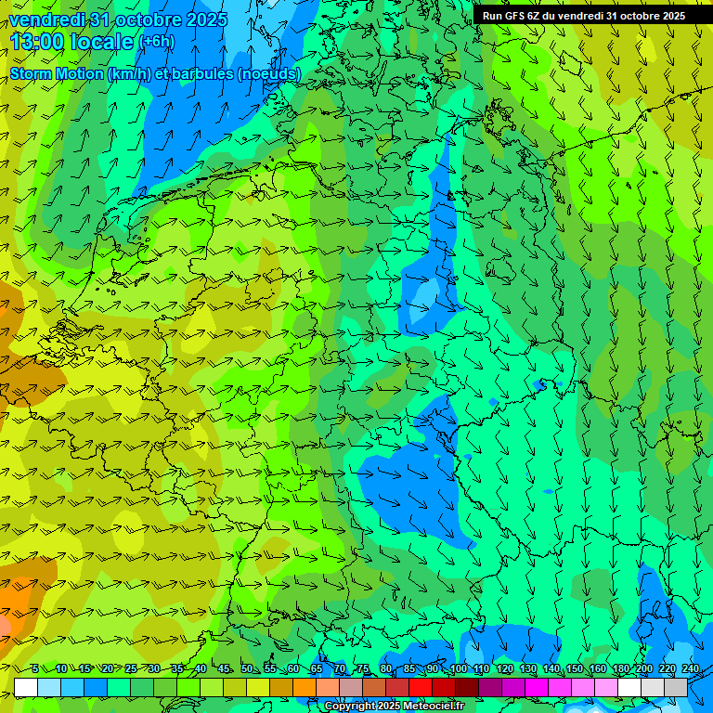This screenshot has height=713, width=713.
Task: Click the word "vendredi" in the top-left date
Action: [47, 19]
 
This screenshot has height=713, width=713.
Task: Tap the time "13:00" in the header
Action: [37, 42]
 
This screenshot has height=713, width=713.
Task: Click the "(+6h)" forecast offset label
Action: [155, 42]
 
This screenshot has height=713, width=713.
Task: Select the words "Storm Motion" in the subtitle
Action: [57, 73]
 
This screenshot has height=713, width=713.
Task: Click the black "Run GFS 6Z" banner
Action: [583, 15]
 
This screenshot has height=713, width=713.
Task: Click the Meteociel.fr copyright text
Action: [394, 707]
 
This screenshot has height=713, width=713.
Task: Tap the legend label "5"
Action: [35, 669]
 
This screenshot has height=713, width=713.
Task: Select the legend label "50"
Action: [246, 669]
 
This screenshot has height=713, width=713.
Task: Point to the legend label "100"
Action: [457, 669]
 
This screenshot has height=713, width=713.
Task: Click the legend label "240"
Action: [690, 669]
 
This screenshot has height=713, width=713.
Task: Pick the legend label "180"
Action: [620, 669]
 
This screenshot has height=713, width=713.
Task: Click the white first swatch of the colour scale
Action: [26, 687]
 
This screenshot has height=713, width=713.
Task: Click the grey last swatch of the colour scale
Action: [676, 687]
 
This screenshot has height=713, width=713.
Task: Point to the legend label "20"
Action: [107, 669]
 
